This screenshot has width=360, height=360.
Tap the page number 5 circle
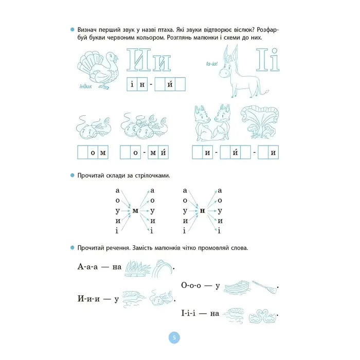point(174,337)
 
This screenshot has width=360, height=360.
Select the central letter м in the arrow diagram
point(135,211)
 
